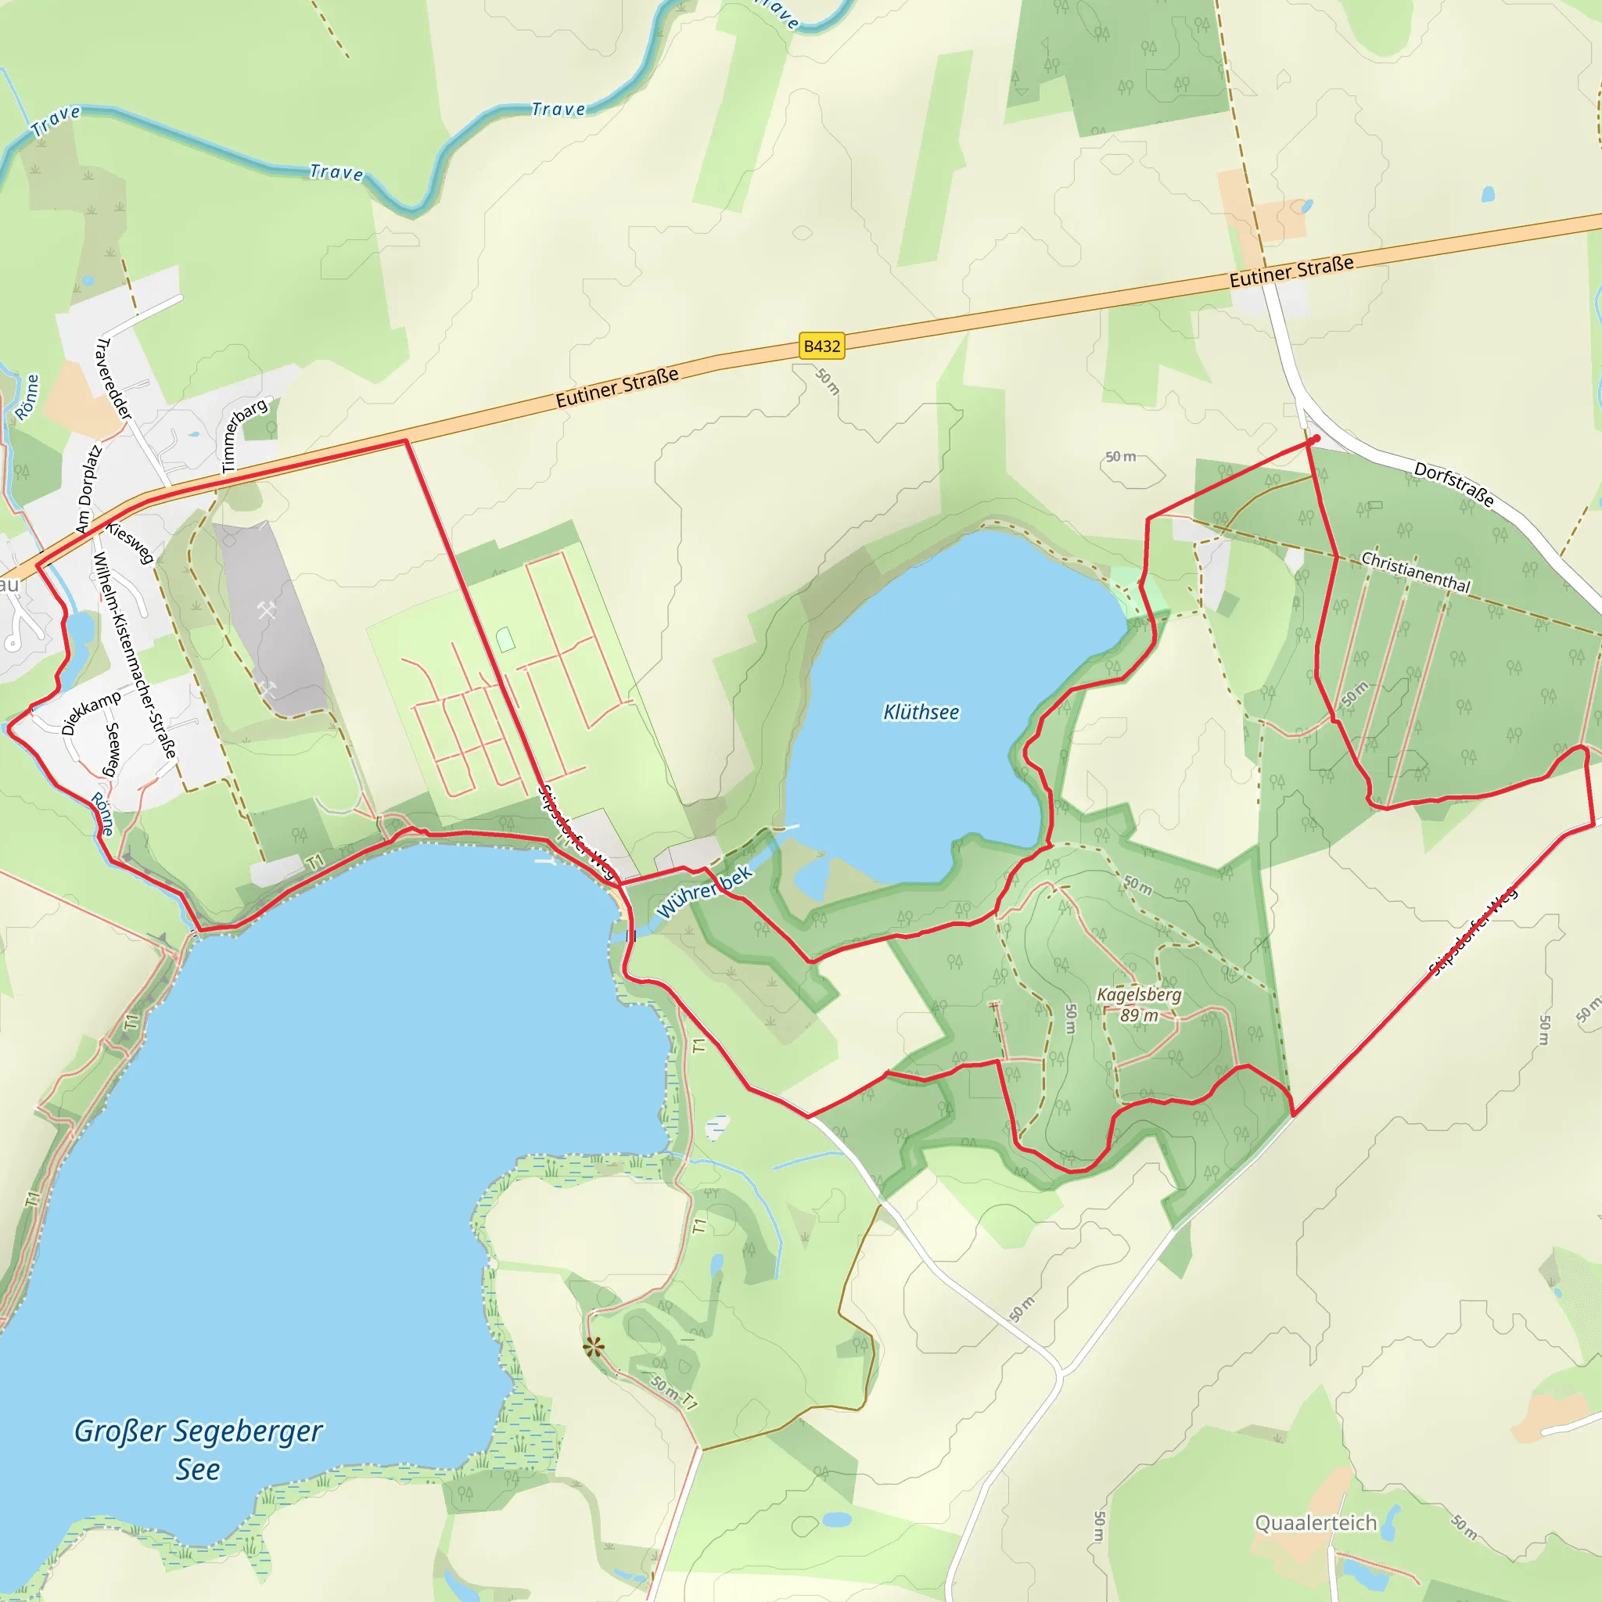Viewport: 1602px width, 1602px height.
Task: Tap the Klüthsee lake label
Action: click(x=921, y=713)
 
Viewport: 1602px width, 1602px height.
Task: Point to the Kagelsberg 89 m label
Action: click(x=1139, y=1005)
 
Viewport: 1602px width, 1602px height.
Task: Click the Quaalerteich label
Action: click(x=1315, y=1523)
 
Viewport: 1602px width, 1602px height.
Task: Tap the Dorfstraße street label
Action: click(x=1454, y=484)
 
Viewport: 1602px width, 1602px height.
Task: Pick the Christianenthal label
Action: click(x=1415, y=572)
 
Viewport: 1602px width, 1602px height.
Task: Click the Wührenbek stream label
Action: click(x=704, y=893)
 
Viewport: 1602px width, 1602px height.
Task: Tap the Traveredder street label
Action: click(x=114, y=378)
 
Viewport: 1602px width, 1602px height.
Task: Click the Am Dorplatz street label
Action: click(x=88, y=489)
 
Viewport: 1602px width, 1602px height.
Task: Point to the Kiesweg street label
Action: click(x=130, y=542)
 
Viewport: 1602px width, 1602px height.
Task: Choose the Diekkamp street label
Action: click(x=92, y=713)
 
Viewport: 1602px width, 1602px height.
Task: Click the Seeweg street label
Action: click(x=111, y=749)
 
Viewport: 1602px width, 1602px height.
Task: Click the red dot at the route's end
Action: click(x=1316, y=439)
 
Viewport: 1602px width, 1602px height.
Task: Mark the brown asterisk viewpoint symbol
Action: click(x=594, y=1348)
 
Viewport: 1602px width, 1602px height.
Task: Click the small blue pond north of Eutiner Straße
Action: click(x=1488, y=195)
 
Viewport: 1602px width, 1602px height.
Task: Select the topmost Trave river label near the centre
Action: click(x=558, y=110)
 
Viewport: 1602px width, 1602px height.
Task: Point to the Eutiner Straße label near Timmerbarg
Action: click(x=617, y=388)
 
